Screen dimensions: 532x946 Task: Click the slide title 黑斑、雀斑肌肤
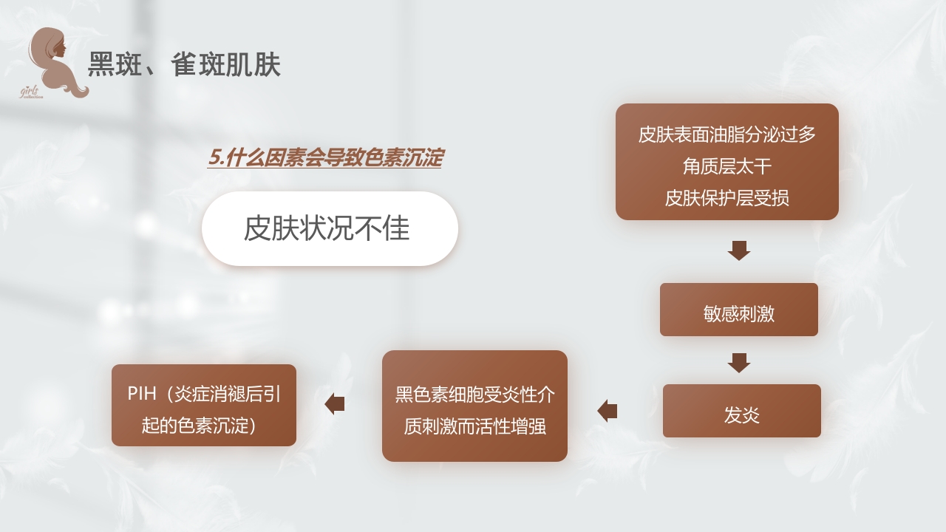pyautogui.click(x=184, y=65)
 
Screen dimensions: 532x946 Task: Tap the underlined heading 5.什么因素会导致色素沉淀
pyautogui.click(x=324, y=157)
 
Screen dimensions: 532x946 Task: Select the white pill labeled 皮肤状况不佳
pyautogui.click(x=330, y=229)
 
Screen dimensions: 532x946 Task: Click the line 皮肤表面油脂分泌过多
pyautogui.click(x=726, y=134)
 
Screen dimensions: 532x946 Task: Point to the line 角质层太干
pyautogui.click(x=726, y=166)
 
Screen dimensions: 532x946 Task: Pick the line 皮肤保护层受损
pyautogui.click(x=726, y=198)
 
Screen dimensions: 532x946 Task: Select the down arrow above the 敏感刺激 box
pyautogui.click(x=738, y=250)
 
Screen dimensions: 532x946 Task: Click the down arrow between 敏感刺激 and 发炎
pyautogui.click(x=738, y=363)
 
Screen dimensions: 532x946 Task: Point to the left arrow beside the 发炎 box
pyautogui.click(x=608, y=411)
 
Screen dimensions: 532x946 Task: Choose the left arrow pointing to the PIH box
pyautogui.click(x=335, y=404)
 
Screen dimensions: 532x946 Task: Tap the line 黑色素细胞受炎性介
pyautogui.click(x=474, y=395)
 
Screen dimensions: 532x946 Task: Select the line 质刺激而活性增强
pyautogui.click(x=474, y=426)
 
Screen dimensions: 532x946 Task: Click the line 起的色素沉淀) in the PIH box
pyautogui.click(x=199, y=426)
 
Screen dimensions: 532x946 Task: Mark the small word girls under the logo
pyautogui.click(x=30, y=90)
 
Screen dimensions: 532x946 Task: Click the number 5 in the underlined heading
pyautogui.click(x=214, y=157)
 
